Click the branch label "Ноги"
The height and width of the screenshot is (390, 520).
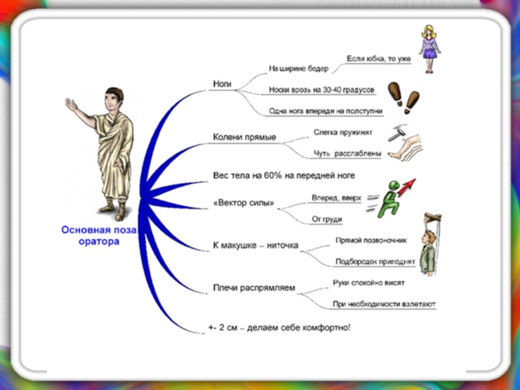click(x=223, y=84)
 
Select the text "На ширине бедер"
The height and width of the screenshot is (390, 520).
click(x=298, y=68)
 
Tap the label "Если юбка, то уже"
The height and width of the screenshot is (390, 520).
click(x=379, y=59)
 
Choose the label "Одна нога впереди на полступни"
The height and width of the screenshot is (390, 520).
click(x=326, y=111)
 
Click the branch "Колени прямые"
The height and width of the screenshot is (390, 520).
click(x=245, y=137)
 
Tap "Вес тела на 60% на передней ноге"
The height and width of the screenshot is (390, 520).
click(x=284, y=175)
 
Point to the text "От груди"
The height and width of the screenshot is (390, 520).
click(x=327, y=219)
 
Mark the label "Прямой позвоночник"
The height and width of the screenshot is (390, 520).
click(x=371, y=240)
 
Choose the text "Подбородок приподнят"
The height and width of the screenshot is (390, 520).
click(x=374, y=262)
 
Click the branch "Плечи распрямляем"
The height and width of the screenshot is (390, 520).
click(x=254, y=287)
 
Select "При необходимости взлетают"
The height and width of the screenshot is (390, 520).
click(x=384, y=304)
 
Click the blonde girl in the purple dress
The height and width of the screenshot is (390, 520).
click(x=428, y=47)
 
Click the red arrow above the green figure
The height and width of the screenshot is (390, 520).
click(x=406, y=187)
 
